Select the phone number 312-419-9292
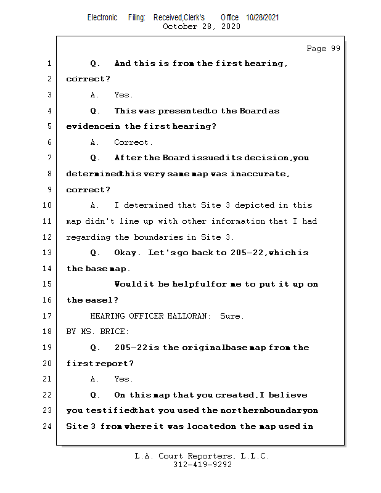[x=202, y=465]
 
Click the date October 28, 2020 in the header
[x=202, y=26]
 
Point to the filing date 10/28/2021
[x=263, y=17]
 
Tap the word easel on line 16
[x=100, y=300]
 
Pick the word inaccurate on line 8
[x=260, y=174]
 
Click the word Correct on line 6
[x=131, y=142]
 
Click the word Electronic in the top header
[x=102, y=17]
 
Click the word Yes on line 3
[x=123, y=95]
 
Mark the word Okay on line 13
[x=128, y=253]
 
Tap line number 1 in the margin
[x=49, y=63]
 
